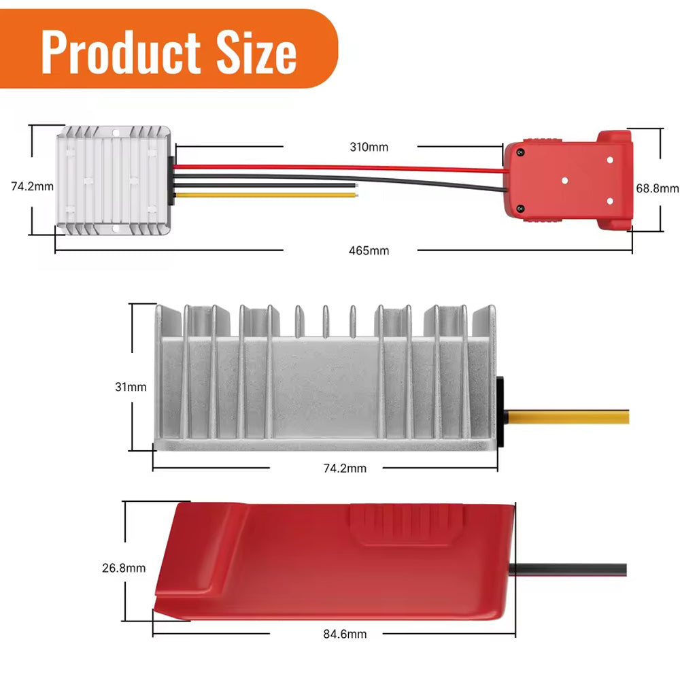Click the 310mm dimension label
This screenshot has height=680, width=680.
click(x=369, y=147)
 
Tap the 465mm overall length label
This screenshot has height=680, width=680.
click(x=369, y=251)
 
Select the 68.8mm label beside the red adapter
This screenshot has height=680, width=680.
click(x=657, y=188)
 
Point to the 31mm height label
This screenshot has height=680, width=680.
click(x=131, y=387)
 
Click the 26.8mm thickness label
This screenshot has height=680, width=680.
click(x=124, y=568)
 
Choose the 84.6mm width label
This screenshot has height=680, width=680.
click(x=345, y=634)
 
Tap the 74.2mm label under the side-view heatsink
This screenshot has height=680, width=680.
click(x=345, y=469)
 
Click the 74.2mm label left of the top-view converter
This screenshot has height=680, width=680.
click(x=32, y=186)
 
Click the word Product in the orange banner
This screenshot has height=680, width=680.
click(x=121, y=53)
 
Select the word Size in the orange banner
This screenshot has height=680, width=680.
click(x=256, y=53)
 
